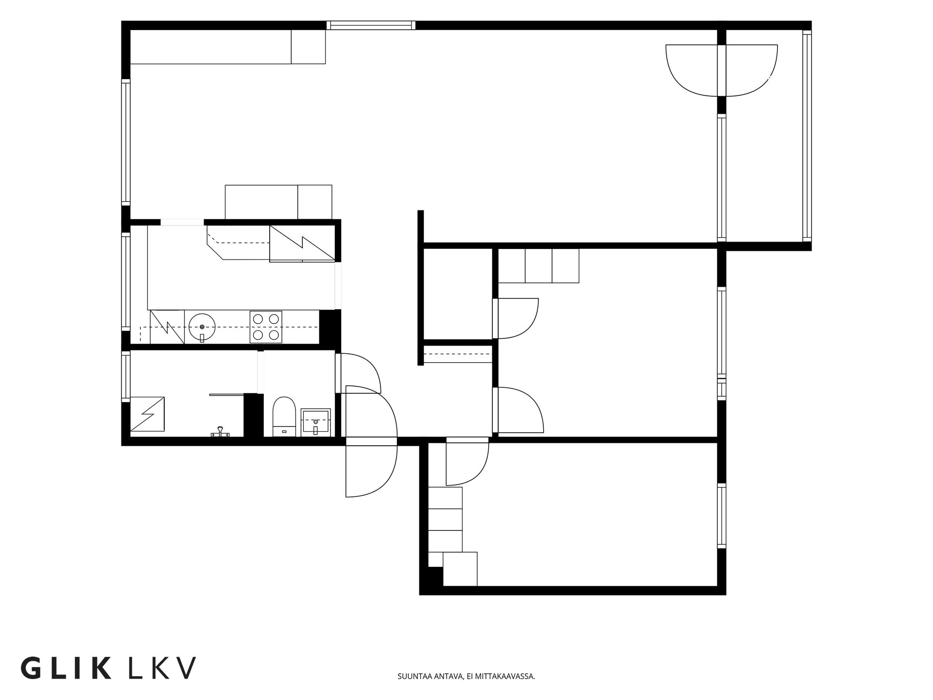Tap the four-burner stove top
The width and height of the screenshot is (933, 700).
tap(266, 327)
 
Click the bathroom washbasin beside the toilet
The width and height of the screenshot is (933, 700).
tap(316, 421)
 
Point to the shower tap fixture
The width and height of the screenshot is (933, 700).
tap(220, 432)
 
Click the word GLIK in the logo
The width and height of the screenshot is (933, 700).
tap(66, 668)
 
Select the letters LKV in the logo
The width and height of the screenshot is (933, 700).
tap(162, 668)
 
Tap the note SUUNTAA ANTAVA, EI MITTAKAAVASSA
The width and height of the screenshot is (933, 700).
tap(466, 676)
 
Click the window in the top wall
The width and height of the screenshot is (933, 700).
tap(371, 25)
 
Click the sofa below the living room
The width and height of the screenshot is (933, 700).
tap(278, 202)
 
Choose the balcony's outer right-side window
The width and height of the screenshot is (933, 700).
tap(807, 136)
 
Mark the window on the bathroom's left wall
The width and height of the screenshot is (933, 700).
tap(126, 377)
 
